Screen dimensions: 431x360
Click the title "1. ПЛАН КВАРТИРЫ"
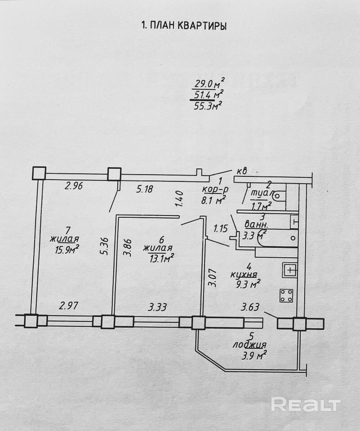184,26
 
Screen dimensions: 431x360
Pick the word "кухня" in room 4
244,274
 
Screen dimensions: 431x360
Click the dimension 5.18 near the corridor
145,189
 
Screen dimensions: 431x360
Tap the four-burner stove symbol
286,295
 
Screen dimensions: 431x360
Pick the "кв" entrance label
242,171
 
